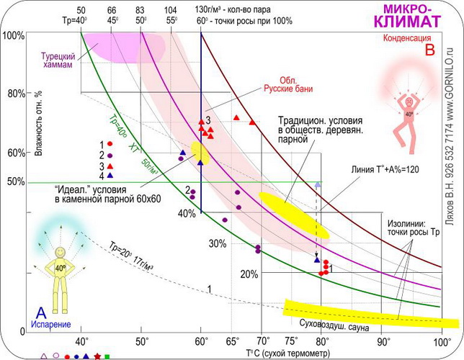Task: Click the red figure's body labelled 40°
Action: tap(409, 113)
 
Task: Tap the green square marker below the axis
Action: tap(107, 356)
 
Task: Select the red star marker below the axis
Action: tap(97, 356)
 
